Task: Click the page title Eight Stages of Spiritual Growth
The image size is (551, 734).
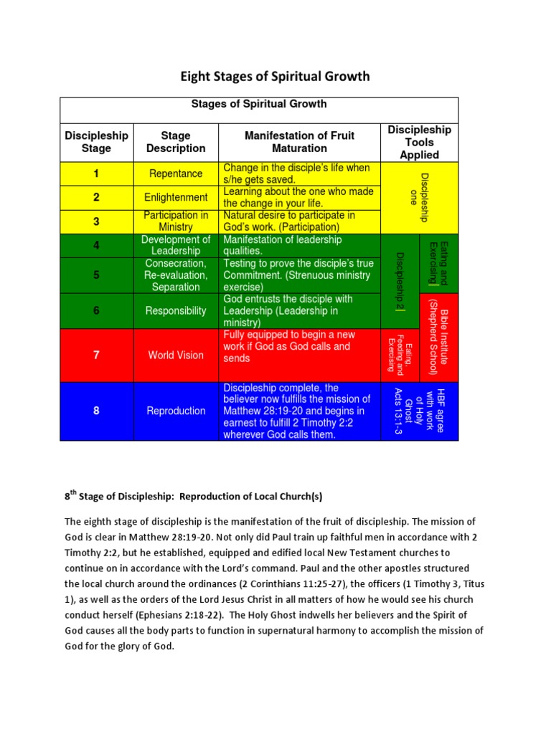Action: point(275,76)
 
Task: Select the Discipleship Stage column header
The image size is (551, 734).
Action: point(96,142)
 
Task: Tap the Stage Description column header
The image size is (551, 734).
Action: point(176,142)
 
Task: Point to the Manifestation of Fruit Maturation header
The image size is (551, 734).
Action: point(300,142)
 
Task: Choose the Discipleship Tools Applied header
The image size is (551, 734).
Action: point(419,142)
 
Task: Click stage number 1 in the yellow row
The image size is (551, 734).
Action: point(96,173)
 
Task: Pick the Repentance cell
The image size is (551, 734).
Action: point(176,173)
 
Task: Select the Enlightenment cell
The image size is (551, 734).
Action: point(176,197)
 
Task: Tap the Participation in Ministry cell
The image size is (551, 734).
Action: point(176,221)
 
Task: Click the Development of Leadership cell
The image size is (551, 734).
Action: point(176,245)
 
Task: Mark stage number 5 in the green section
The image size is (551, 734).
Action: point(96,275)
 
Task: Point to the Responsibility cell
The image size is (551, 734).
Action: point(176,311)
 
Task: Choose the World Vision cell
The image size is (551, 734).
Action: point(176,355)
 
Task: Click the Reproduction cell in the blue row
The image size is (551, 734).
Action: point(176,411)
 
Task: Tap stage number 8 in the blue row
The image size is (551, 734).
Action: point(96,411)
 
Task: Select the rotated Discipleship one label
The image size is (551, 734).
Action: point(419,197)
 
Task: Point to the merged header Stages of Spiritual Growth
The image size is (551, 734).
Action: point(259,104)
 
